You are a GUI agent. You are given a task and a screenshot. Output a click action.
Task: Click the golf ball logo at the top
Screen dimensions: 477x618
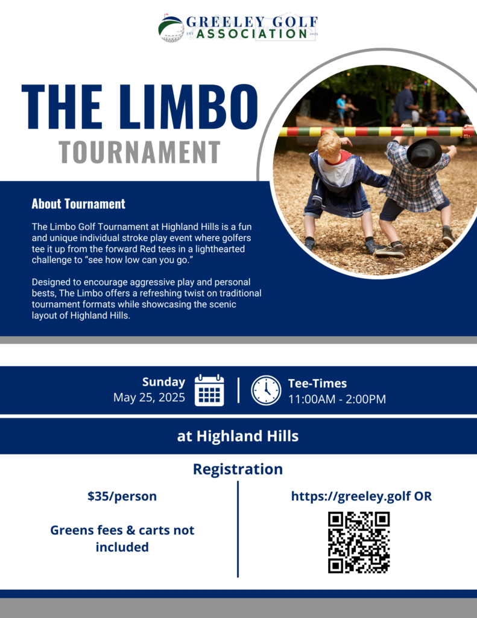click(171, 28)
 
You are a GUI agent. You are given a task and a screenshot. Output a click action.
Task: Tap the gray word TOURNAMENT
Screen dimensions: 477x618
click(139, 152)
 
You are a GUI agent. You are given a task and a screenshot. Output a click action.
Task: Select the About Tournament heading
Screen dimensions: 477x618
click(78, 204)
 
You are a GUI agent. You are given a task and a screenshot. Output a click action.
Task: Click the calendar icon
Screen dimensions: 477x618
click(209, 390)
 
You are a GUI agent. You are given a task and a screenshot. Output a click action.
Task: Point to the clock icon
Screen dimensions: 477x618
click(267, 390)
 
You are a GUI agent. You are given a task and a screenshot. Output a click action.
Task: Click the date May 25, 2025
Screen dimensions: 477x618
click(149, 398)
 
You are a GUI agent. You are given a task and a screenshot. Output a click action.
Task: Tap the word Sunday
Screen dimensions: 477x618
click(163, 382)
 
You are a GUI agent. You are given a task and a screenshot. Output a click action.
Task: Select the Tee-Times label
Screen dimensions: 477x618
click(317, 383)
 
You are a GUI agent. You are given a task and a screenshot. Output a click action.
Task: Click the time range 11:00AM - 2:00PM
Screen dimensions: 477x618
click(337, 399)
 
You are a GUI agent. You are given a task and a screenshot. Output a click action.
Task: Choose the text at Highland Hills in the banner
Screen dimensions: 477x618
click(238, 436)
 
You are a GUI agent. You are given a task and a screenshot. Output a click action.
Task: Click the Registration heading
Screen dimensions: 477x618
click(238, 469)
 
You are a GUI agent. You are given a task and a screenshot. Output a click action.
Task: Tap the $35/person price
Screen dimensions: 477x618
click(122, 496)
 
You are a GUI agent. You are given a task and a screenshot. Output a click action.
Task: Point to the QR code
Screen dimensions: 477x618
click(359, 543)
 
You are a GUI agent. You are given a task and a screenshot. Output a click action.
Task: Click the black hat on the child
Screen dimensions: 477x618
click(424, 153)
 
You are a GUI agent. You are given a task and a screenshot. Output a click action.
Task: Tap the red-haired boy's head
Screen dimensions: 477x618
click(329, 145)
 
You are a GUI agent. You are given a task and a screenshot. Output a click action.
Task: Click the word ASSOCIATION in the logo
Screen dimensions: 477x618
click(251, 34)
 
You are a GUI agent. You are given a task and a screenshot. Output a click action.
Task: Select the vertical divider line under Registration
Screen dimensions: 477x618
click(238, 529)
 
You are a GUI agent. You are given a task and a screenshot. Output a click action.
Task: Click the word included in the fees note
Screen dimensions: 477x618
click(122, 547)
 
